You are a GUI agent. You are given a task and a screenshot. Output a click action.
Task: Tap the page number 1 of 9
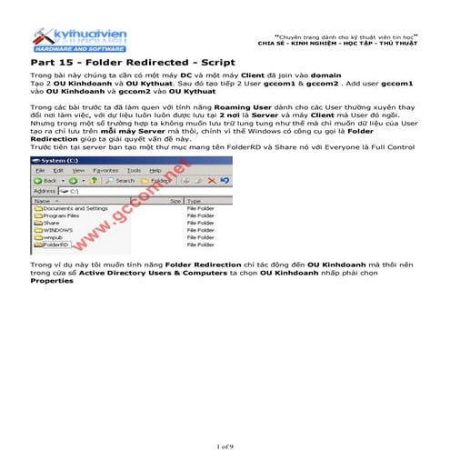(225, 445)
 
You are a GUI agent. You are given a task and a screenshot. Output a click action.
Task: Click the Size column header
(175, 200)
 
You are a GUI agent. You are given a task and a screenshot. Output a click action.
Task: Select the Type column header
(194, 200)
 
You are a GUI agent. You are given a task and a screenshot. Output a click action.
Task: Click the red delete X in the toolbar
(210, 180)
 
